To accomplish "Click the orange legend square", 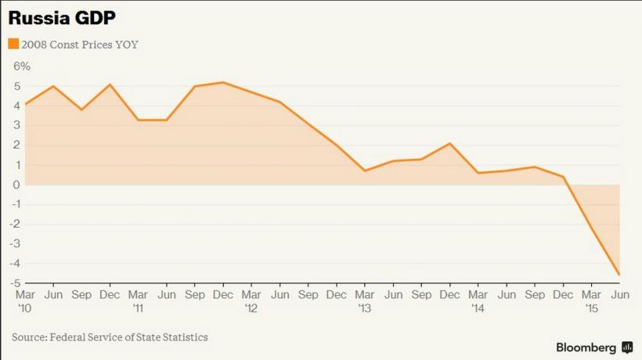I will click(x=13, y=44).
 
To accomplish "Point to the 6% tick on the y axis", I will click(x=21, y=67).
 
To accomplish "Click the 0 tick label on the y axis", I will click(x=16, y=185).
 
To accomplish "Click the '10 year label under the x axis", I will click(x=24, y=308).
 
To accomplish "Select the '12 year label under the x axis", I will click(x=251, y=308).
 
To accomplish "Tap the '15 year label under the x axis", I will click(x=591, y=308).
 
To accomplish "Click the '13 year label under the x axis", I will click(x=364, y=308).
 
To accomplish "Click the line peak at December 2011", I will click(x=223, y=82).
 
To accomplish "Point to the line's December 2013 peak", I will click(x=449, y=143).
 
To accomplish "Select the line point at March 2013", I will click(x=365, y=171).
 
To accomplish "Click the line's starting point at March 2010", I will click(x=25, y=104).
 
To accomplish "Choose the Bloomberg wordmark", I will click(x=586, y=347).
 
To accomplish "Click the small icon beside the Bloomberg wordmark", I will click(x=627, y=347).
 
